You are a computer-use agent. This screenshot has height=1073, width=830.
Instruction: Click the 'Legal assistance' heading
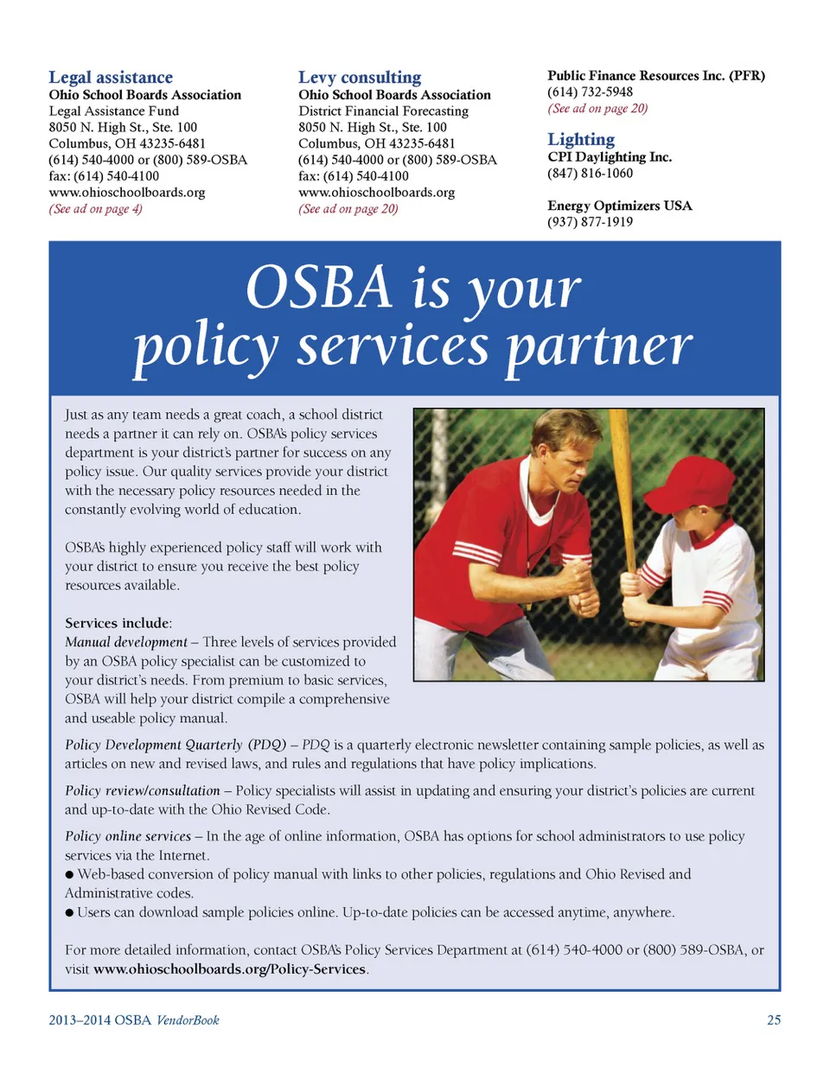tap(111, 78)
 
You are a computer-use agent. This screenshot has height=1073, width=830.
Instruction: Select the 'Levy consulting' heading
tap(360, 78)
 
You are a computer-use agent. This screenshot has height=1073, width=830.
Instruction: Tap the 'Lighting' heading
tap(581, 139)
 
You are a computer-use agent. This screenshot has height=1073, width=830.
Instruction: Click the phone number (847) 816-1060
tap(590, 174)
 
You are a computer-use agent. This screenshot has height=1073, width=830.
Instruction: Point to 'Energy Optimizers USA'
tap(619, 206)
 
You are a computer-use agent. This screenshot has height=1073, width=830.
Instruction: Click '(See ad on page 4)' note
tap(95, 209)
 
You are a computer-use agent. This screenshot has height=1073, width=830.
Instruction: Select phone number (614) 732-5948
tap(590, 92)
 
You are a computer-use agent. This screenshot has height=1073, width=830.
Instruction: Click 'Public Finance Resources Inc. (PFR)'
tap(655, 76)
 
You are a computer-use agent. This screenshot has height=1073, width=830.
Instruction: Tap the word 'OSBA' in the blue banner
tap(319, 288)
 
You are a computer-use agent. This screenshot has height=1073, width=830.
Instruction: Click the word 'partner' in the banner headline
tap(598, 346)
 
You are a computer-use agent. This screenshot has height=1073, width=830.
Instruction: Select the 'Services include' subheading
tap(118, 623)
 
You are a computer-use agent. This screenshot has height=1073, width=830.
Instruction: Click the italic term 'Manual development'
tap(125, 642)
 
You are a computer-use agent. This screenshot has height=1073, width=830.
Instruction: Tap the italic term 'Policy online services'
tap(127, 836)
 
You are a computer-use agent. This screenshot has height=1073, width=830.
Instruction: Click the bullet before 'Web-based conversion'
tap(69, 875)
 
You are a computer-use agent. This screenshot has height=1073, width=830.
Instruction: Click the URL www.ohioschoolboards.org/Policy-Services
tap(229, 969)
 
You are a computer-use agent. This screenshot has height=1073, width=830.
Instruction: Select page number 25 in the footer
tap(774, 1020)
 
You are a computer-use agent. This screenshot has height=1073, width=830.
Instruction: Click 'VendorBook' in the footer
tap(188, 1020)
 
